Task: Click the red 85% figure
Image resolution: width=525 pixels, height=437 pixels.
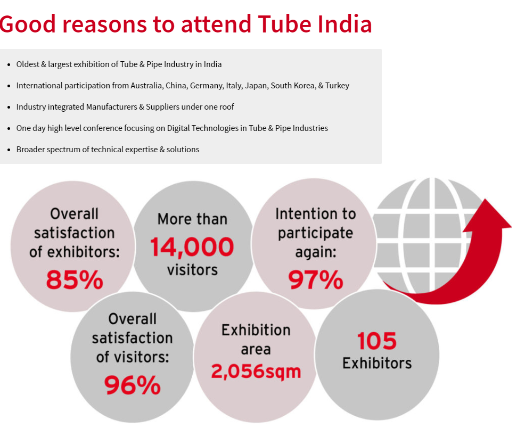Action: click(75, 279)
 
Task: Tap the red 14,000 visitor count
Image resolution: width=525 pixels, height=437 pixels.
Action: click(192, 247)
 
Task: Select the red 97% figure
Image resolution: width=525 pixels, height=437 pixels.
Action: click(316, 279)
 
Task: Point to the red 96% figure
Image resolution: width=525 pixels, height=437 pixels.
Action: click(132, 385)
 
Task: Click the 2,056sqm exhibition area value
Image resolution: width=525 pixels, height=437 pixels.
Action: click(256, 371)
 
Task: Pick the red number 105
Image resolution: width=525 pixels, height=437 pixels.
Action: click(377, 341)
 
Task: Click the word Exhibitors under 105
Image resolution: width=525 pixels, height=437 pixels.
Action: click(377, 363)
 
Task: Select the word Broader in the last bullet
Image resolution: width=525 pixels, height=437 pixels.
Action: click(31, 150)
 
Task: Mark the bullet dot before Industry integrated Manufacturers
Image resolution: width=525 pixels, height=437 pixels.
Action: click(9, 107)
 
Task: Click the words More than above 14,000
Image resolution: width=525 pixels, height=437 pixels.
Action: click(192, 219)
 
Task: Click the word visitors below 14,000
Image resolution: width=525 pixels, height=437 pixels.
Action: click(192, 269)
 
